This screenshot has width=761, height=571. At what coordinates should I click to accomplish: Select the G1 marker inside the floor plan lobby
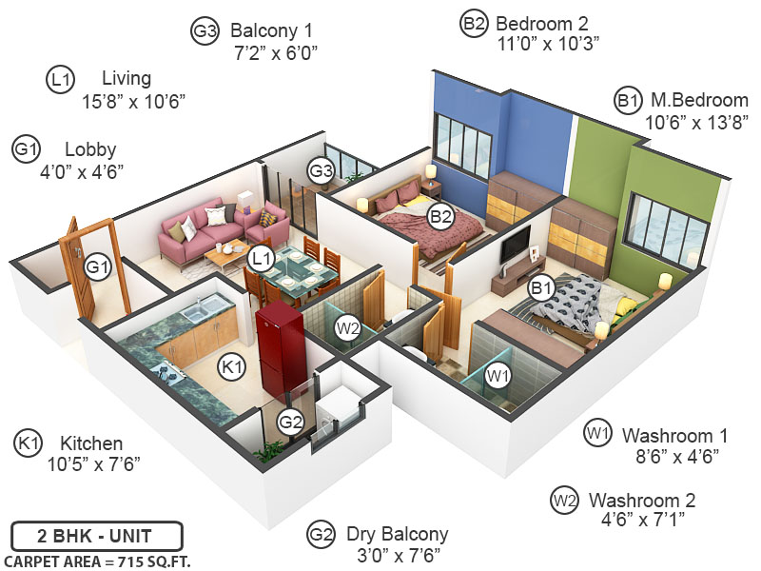click(96, 267)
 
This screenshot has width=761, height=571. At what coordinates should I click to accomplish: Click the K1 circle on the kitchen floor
click(231, 366)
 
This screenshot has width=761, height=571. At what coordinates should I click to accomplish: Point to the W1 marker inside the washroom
click(497, 377)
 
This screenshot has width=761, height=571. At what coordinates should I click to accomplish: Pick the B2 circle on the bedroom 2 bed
click(439, 217)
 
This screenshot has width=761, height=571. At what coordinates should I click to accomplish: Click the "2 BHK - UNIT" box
click(96, 535)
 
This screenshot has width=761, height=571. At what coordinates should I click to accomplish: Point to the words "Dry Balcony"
click(397, 534)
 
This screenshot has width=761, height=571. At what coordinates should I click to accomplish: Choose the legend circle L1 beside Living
click(60, 81)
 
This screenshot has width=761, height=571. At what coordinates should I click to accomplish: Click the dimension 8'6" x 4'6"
click(674, 456)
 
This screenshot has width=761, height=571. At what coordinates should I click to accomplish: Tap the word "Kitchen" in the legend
click(91, 443)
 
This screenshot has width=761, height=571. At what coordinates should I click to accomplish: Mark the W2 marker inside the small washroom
click(348, 328)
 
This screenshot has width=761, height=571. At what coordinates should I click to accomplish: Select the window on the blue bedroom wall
click(463, 143)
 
